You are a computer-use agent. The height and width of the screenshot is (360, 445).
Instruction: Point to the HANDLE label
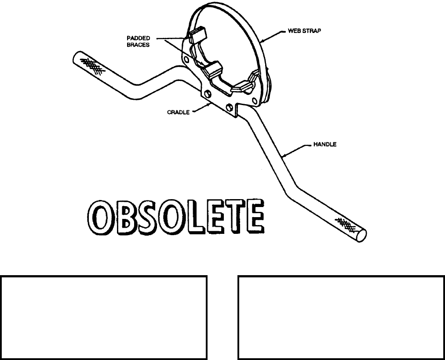[x=325, y=144]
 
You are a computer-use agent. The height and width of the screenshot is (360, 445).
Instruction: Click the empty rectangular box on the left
[x=103, y=318]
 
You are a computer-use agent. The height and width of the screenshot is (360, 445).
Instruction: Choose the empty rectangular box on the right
[x=341, y=318]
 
